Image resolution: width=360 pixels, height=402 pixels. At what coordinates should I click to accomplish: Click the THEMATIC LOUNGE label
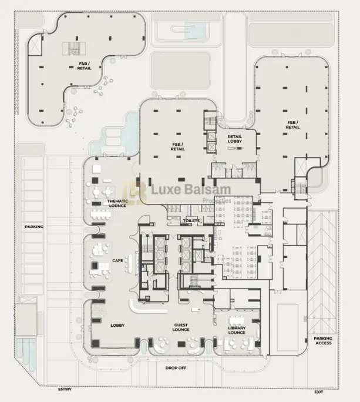pyautogui.click(x=117, y=203)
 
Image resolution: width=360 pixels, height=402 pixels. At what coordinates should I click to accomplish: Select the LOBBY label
pyautogui.click(x=117, y=325)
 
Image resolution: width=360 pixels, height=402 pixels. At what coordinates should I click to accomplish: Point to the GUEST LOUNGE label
pyautogui.click(x=181, y=327)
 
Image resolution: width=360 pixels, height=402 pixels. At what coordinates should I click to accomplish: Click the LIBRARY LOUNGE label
pyautogui.click(x=237, y=330)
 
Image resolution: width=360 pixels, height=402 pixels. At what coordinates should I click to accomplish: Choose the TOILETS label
pyautogui.click(x=191, y=220)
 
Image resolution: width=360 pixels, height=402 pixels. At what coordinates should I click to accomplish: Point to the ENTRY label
pyautogui.click(x=65, y=389)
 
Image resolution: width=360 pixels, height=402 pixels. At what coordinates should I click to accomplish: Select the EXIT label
pyautogui.click(x=319, y=391)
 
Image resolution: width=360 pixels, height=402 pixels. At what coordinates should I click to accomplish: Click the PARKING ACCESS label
pyautogui.click(x=323, y=340)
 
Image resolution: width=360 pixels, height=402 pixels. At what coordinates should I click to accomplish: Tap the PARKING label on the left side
pyautogui.click(x=33, y=226)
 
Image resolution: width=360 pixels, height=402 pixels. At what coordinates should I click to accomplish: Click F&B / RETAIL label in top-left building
pyautogui.click(x=84, y=66)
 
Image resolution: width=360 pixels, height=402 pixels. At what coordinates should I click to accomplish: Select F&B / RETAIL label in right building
pyautogui.click(x=292, y=125)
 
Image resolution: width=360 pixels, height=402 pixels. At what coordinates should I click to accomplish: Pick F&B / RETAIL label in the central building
pyautogui.click(x=177, y=146)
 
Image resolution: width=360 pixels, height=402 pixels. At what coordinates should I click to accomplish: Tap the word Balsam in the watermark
pyautogui.click(x=208, y=191)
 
